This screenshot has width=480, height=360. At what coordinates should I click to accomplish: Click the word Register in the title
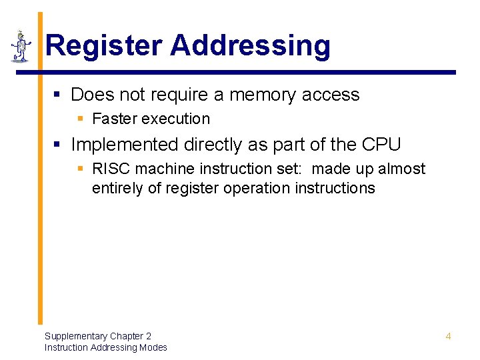click(x=103, y=46)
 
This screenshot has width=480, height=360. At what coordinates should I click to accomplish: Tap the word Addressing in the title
click(x=250, y=46)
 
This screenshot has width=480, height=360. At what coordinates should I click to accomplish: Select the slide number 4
click(x=448, y=336)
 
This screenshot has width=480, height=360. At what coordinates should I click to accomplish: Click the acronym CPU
click(x=381, y=145)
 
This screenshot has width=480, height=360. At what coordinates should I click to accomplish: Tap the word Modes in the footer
click(x=153, y=347)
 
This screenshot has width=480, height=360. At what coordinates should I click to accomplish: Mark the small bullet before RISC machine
click(x=81, y=170)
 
